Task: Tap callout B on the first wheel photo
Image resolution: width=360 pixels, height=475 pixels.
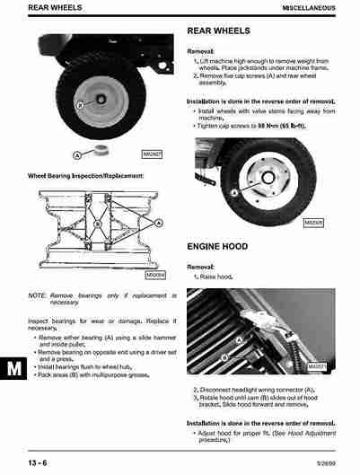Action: [78, 105]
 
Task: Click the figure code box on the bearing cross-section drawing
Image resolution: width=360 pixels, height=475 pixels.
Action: [154, 275]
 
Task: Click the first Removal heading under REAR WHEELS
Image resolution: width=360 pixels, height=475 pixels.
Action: [201, 52]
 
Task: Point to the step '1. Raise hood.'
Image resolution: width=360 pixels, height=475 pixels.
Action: [214, 277]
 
